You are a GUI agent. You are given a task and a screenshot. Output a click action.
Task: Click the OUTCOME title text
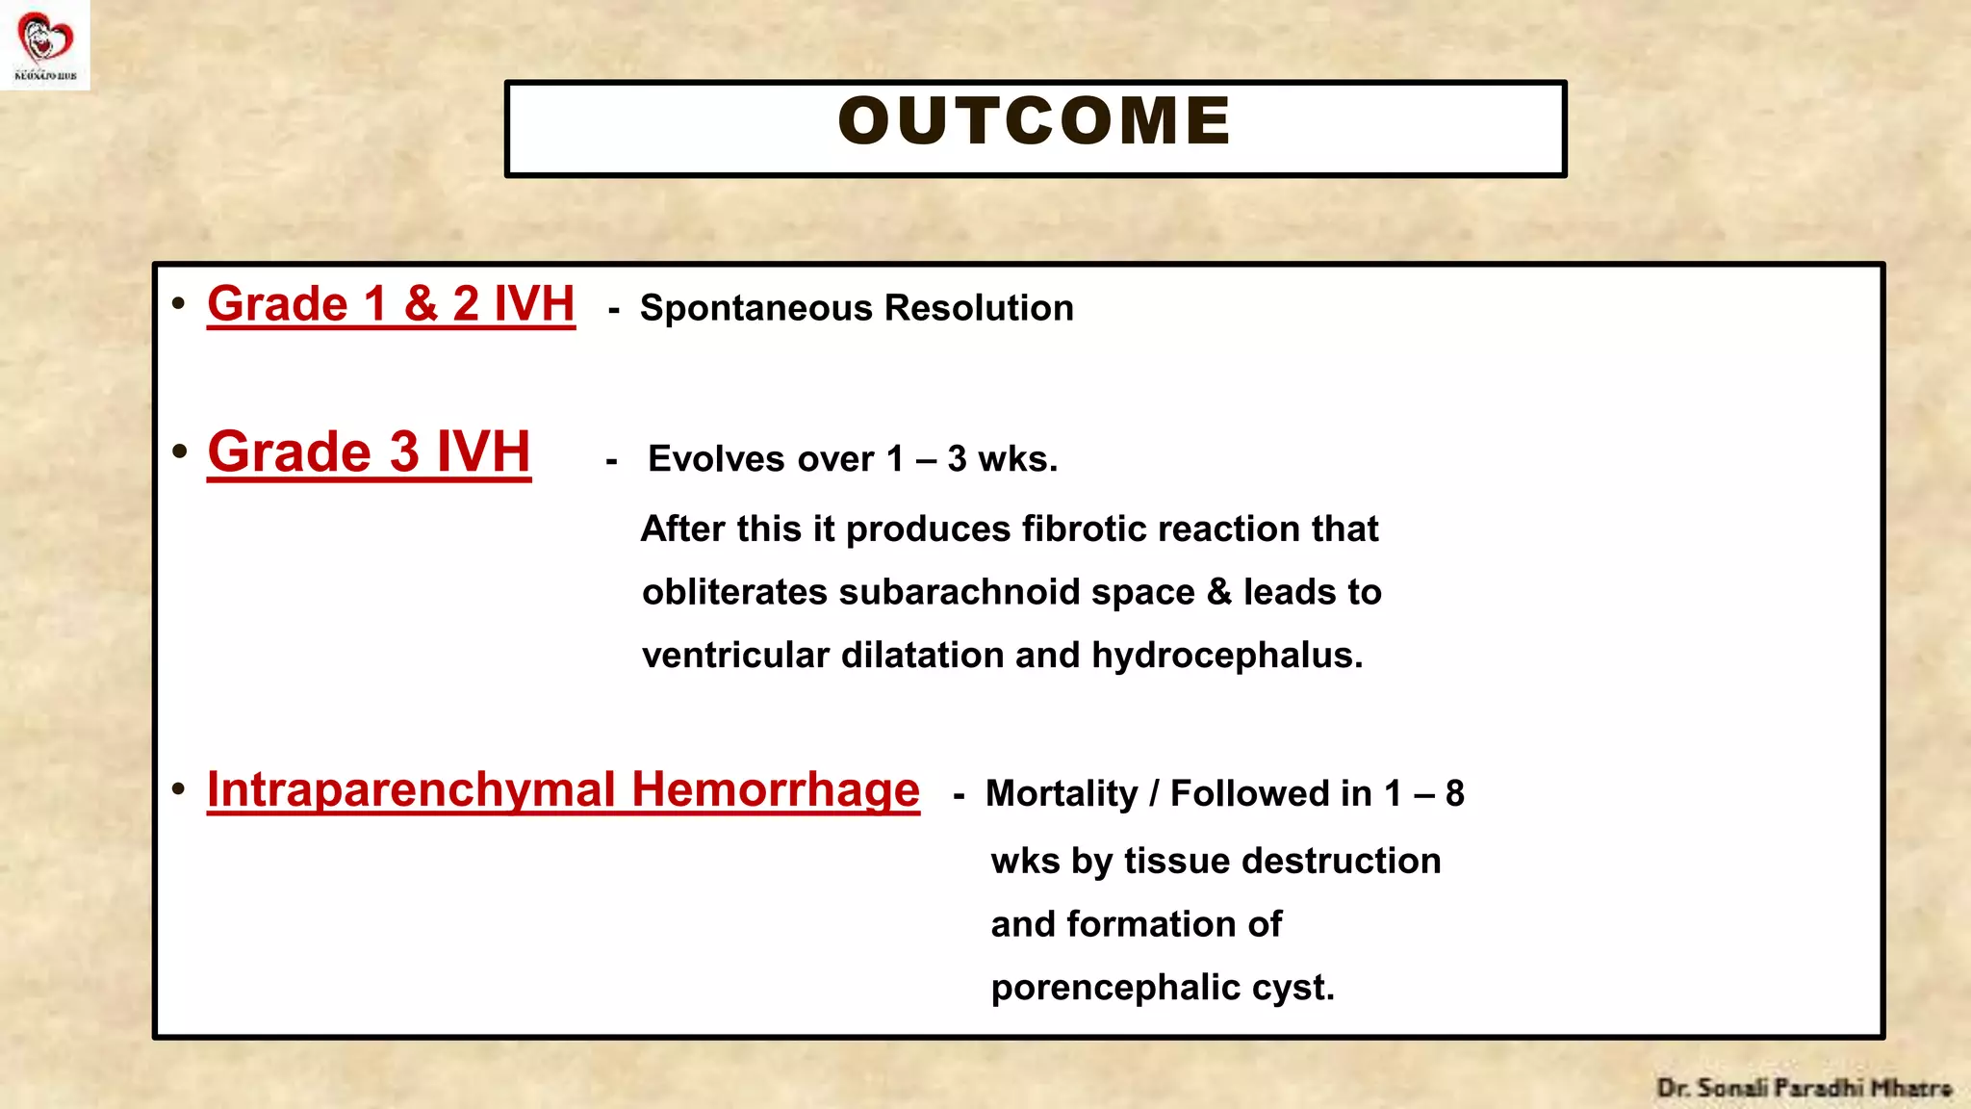pyautogui.click(x=1035, y=122)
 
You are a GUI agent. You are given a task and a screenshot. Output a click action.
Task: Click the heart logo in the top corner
pyautogui.click(x=45, y=39)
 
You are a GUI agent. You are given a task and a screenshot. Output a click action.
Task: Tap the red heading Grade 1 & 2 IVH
pyautogui.click(x=391, y=304)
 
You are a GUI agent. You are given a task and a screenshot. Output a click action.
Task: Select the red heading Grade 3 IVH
pyautogui.click(x=369, y=451)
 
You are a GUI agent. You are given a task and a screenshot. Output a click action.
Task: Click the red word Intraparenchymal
pyautogui.click(x=411, y=789)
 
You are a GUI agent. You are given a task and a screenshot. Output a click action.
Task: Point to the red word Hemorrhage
pyautogui.click(x=776, y=789)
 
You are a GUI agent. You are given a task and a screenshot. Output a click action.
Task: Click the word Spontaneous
pyautogui.click(x=755, y=308)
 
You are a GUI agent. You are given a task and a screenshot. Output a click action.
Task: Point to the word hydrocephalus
pyautogui.click(x=1226, y=656)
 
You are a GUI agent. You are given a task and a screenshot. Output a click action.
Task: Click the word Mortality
pyautogui.click(x=1062, y=794)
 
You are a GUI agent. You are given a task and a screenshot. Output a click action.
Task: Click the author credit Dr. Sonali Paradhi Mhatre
pyautogui.click(x=1804, y=1088)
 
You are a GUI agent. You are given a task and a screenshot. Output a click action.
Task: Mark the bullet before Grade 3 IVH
pyautogui.click(x=180, y=451)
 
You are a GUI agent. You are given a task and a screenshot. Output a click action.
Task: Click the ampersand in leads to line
pyautogui.click(x=1218, y=592)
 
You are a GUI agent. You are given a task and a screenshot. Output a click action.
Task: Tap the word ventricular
pyautogui.click(x=735, y=656)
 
